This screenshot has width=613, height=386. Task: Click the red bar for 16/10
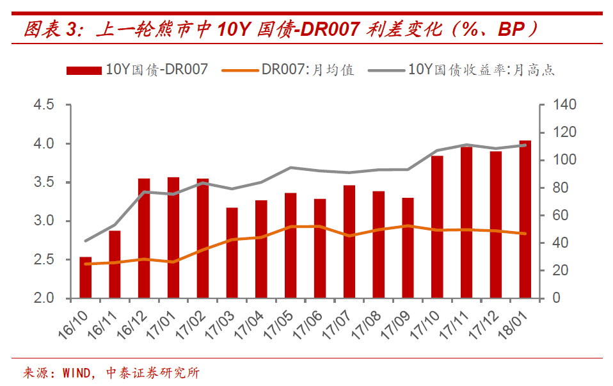click(85, 278)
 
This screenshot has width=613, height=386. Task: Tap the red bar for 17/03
click(232, 253)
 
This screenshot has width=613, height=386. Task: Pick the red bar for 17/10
click(437, 227)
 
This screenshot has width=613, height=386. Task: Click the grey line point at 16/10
click(85, 241)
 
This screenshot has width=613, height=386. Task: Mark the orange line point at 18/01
click(525, 234)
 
